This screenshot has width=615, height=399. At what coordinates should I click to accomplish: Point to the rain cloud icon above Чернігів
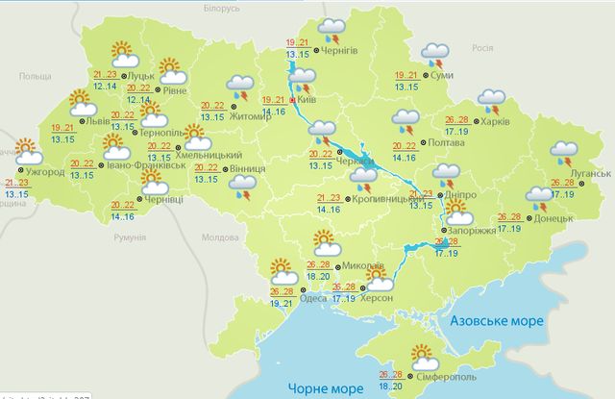pos(332,29)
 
